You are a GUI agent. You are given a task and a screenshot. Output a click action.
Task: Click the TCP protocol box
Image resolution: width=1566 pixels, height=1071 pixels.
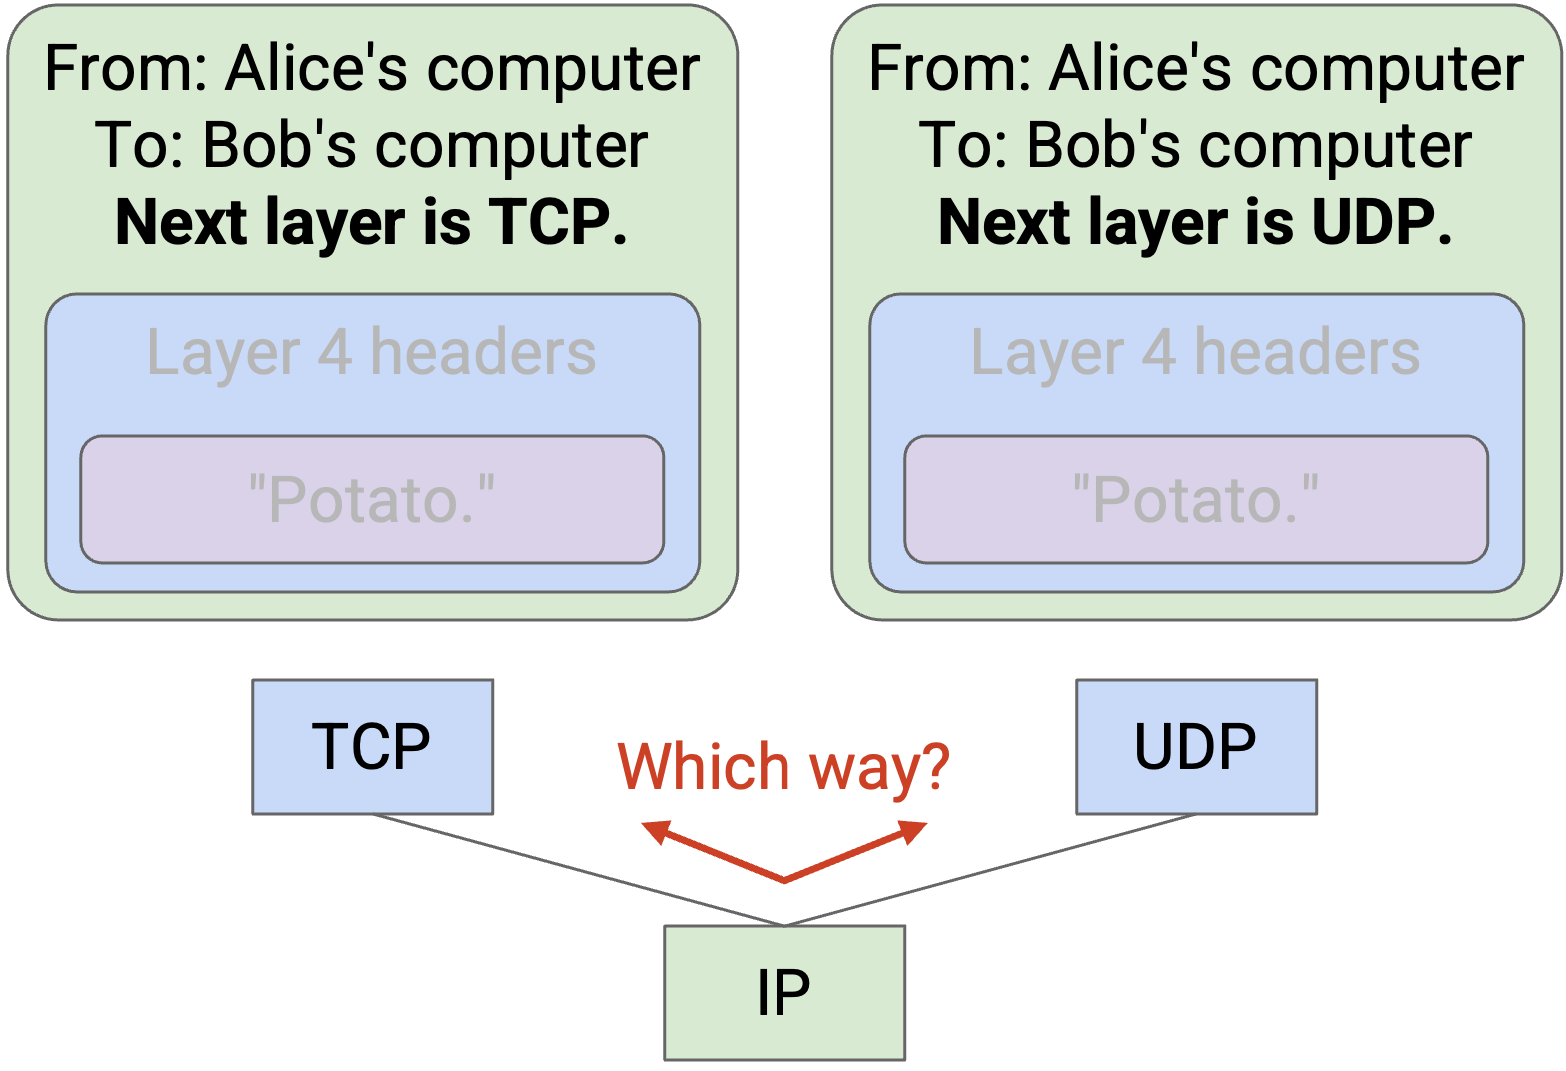pos(372,747)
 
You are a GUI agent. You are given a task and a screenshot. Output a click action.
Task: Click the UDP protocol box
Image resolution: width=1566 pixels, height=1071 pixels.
pos(1196,747)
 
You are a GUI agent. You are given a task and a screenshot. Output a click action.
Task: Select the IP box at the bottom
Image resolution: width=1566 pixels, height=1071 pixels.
pos(784,992)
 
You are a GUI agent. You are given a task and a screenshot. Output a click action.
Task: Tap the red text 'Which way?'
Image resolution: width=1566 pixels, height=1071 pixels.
pos(783,767)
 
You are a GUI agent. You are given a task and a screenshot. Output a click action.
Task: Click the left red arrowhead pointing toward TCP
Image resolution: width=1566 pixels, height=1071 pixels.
pos(655,831)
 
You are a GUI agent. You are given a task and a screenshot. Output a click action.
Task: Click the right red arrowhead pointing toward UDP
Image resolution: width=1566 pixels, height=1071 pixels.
pos(914,831)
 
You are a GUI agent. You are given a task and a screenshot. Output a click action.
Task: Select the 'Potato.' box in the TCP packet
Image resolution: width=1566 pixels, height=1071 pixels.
pos(372,499)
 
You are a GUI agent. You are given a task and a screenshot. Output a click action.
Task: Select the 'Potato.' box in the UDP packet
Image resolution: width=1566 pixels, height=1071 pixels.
pos(1196,499)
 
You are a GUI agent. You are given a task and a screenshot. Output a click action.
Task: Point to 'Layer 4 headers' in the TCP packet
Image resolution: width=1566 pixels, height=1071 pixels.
pos(372,353)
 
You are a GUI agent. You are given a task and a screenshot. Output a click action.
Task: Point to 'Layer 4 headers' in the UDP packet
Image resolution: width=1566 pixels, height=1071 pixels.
pos(1196,353)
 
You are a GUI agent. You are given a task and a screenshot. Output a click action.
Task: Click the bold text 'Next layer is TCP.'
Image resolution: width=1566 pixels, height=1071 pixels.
pos(372,222)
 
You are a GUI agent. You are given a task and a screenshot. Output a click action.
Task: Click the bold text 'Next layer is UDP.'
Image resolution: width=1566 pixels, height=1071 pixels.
pos(1196,222)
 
